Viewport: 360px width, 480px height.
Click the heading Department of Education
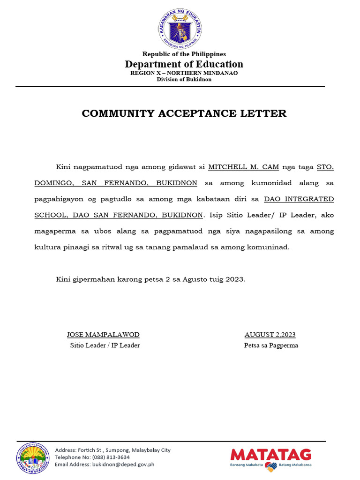(184, 64)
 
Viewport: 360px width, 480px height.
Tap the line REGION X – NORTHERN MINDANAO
(184, 73)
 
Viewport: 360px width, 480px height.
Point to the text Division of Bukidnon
(184, 80)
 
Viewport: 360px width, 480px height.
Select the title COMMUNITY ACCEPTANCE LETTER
(184, 113)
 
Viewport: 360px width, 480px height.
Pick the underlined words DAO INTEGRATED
(299, 199)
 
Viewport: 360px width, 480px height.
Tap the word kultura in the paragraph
(47, 247)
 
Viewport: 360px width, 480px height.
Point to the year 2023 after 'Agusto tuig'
(234, 279)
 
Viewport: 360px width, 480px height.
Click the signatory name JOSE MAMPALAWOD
(103, 335)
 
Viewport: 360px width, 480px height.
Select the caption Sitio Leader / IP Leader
(105, 345)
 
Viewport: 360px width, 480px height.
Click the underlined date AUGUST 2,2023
(270, 335)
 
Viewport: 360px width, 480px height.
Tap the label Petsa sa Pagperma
(271, 345)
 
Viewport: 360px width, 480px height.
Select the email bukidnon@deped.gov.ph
(119, 465)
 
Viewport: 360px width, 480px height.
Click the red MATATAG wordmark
(271, 455)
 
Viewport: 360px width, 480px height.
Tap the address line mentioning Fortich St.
(112, 450)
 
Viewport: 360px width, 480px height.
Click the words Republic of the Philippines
(184, 54)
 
